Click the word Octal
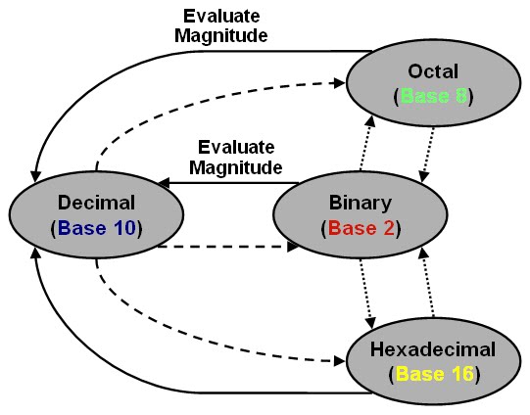pos(433,71)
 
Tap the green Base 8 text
pos(434,96)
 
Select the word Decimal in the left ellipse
pos(96,203)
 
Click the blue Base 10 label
pos(97,228)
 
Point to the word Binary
pos(361,204)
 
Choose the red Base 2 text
pos(361,228)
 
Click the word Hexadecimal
pos(433,349)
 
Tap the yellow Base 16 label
pos(435,374)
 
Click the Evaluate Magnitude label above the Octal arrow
pos(221,26)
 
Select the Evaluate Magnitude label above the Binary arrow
pos(236,158)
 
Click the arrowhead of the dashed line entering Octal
pos(339,83)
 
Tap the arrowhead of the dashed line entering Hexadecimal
pos(339,361)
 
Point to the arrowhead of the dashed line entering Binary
pos(293,247)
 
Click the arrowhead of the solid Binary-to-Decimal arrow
pos(164,183)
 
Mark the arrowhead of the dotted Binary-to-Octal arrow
pos(370,121)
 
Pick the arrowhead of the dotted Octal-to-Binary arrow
pos(424,176)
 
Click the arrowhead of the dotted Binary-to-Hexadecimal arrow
pos(370,323)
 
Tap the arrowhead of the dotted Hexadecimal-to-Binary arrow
pos(422,254)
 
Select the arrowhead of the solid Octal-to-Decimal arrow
pos(35,176)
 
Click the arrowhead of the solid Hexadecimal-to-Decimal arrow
pos(36,253)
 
